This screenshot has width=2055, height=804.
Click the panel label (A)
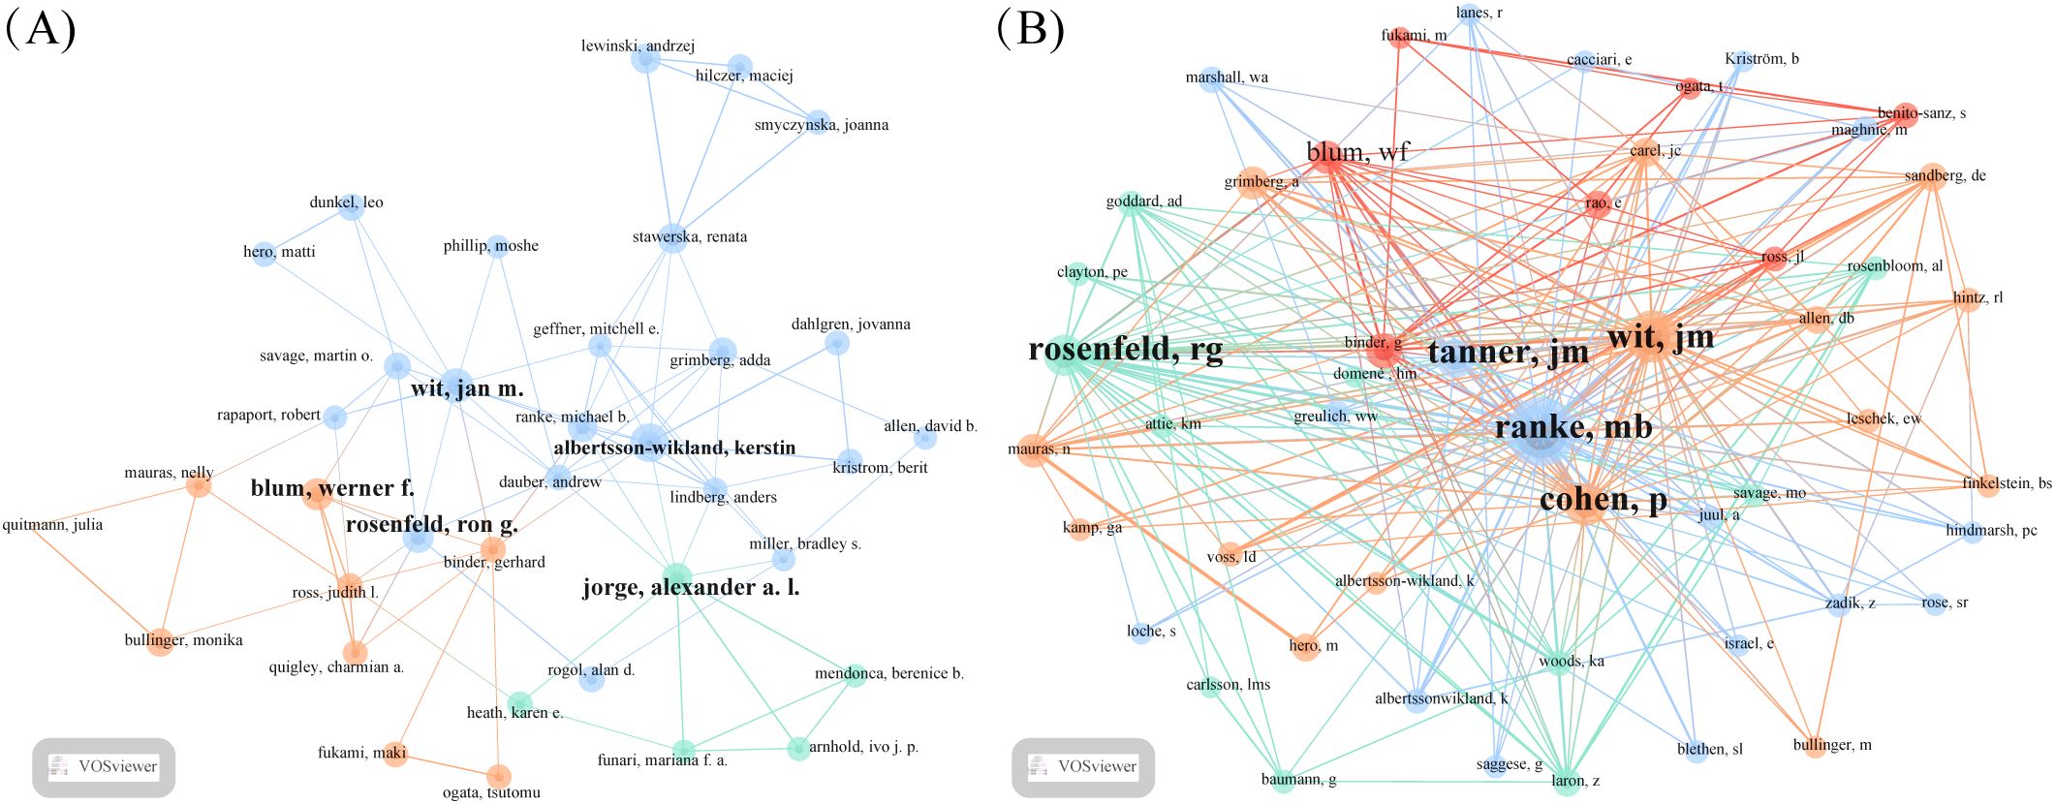click(41, 29)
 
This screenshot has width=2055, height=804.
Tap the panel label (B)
click(1030, 29)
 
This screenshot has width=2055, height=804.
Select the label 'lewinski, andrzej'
click(638, 46)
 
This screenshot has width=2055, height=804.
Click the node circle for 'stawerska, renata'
click(672, 238)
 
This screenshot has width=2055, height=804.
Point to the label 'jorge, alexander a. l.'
click(691, 587)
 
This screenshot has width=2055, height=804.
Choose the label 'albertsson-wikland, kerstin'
click(674, 448)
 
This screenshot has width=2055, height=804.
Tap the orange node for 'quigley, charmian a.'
click(356, 652)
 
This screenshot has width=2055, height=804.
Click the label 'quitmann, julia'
click(52, 525)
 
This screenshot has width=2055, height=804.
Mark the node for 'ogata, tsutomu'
click(498, 776)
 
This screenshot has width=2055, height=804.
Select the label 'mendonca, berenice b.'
click(889, 673)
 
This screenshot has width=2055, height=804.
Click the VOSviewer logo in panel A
click(104, 767)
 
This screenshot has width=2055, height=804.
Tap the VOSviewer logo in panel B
click(1083, 767)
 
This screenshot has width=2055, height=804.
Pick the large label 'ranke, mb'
click(1573, 427)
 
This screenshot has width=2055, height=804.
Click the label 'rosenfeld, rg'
click(1126, 349)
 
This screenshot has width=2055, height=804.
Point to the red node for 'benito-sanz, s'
click(1905, 114)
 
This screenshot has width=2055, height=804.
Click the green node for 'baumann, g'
click(1283, 780)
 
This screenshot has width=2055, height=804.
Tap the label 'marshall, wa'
click(1227, 77)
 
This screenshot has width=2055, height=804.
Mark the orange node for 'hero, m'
click(1305, 646)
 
